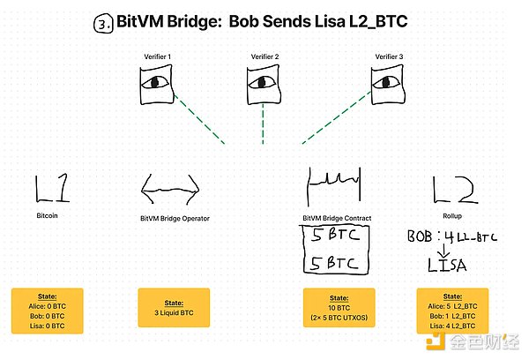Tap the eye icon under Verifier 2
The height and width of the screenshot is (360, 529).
(x=263, y=84)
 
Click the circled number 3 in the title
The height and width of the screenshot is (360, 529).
(x=101, y=23)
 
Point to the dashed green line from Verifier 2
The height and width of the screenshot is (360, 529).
(x=263, y=124)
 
